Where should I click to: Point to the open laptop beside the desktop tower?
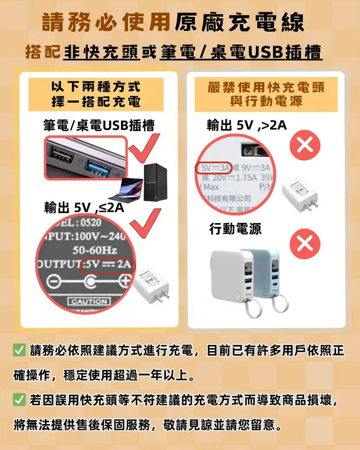pyautogui.click(x=127, y=189)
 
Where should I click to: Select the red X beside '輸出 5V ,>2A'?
pyautogui.click(x=305, y=144)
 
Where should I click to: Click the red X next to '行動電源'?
pyautogui.click(x=305, y=243)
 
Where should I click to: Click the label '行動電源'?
pyautogui.click(x=235, y=229)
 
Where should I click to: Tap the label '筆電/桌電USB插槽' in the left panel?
pyautogui.click(x=99, y=125)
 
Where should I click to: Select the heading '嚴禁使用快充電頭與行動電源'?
pyautogui.click(x=265, y=93)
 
